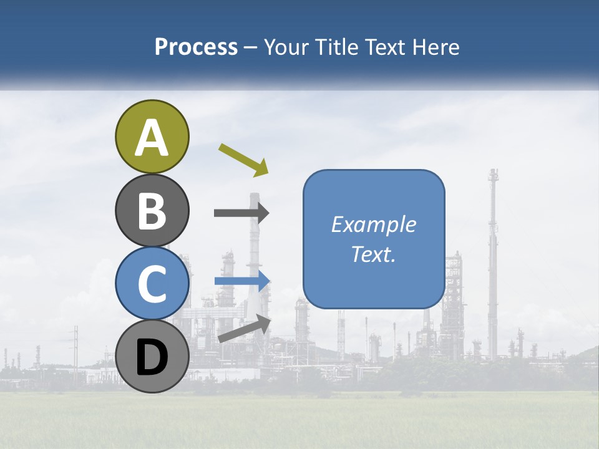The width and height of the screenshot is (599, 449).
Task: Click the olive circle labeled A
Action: [152, 137]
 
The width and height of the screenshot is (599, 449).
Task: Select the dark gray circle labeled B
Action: [152, 210]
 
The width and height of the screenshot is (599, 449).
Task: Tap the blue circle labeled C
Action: [152, 283]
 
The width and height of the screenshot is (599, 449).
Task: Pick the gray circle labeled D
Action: [152, 356]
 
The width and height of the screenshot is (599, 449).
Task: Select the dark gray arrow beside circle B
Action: [241, 213]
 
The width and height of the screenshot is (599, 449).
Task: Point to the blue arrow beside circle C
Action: [242, 281]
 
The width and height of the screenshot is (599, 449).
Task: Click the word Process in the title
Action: [196, 47]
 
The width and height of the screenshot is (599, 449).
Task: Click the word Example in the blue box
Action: [374, 224]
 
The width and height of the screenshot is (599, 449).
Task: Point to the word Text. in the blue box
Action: [374, 254]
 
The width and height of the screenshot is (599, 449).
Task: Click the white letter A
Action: [152, 138]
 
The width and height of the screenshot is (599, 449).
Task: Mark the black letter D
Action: [152, 357]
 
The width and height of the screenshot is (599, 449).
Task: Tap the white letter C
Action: [152, 284]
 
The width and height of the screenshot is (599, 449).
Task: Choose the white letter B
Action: [152, 211]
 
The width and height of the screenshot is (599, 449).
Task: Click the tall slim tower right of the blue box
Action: [493, 249]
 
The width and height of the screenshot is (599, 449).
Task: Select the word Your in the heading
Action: [285, 47]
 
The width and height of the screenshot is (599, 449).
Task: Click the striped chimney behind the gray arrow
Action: [255, 249]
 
